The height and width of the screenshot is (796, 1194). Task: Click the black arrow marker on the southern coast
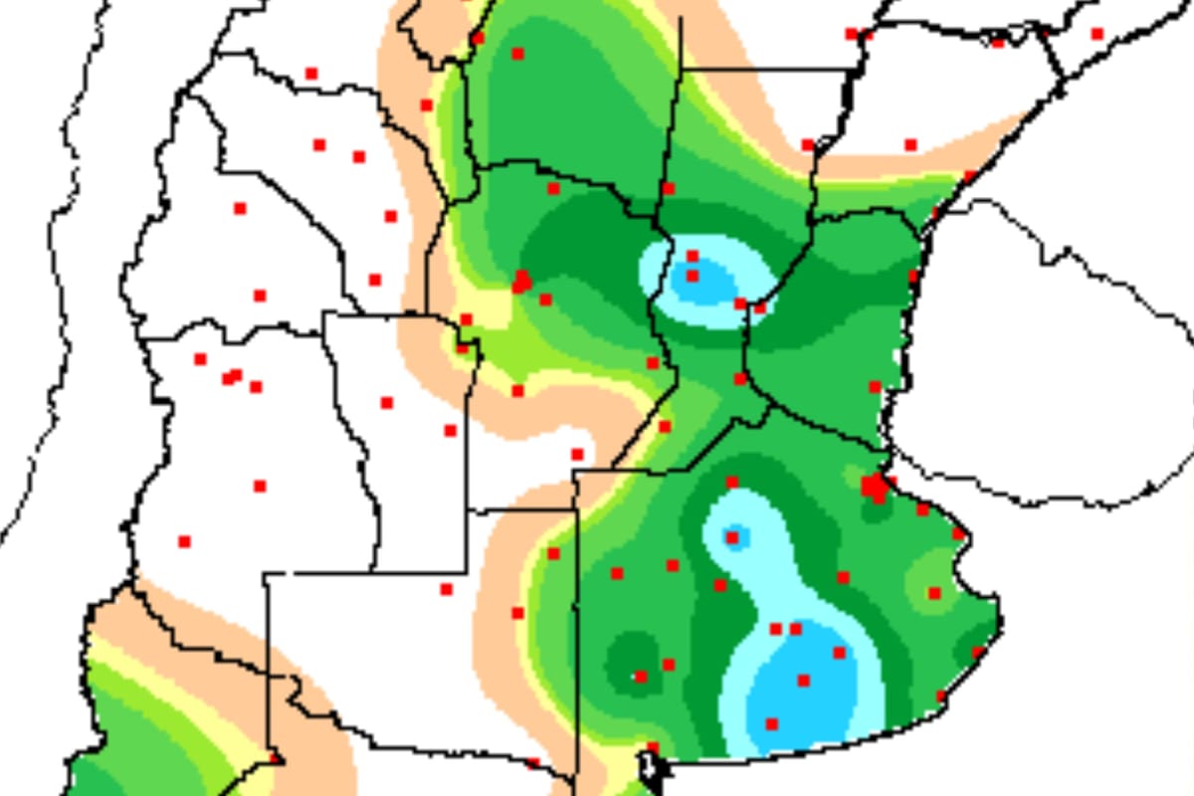click(648, 766)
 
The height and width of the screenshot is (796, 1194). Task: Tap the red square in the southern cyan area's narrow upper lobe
click(732, 537)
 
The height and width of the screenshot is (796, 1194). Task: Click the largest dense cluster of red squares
click(875, 487)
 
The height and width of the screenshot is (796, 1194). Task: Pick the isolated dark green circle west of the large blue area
click(633, 657)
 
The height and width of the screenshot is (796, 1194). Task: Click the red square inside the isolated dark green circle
click(641, 677)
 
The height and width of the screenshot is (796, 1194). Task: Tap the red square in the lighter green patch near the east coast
click(934, 593)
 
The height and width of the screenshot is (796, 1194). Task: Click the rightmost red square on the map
click(1097, 34)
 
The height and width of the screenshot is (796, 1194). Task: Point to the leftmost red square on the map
click(184, 541)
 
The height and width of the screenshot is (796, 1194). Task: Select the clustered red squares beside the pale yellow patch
click(520, 282)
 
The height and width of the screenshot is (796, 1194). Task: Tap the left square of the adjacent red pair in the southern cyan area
click(776, 629)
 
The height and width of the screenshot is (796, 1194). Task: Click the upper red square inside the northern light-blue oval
click(693, 257)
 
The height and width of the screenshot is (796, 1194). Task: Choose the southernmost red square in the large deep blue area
click(771, 723)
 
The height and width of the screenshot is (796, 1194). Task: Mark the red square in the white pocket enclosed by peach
click(577, 454)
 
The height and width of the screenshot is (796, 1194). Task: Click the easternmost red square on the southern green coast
click(978, 653)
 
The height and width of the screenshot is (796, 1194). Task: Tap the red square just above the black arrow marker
click(653, 746)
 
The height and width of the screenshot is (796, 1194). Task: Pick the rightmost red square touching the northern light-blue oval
click(760, 308)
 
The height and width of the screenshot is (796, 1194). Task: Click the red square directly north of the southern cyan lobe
click(732, 482)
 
